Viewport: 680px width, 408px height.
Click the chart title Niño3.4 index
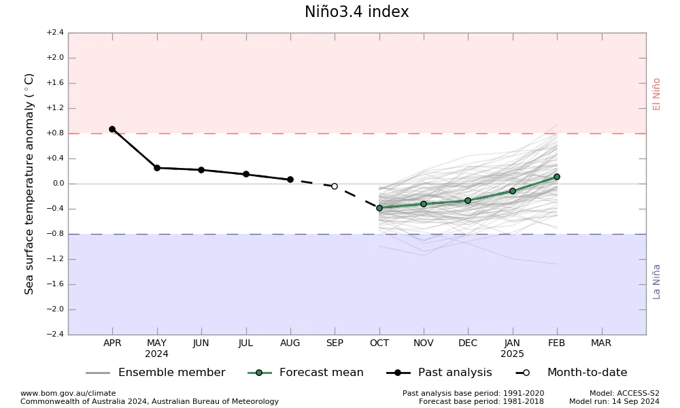(x=356, y=12)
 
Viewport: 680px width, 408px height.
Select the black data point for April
(x=112, y=129)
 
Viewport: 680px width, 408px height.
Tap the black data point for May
(x=157, y=168)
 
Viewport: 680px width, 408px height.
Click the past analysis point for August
(x=290, y=180)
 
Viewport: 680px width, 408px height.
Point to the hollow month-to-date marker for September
(x=335, y=186)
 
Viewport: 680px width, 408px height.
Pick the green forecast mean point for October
(x=379, y=208)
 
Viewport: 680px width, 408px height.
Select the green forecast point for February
(x=557, y=177)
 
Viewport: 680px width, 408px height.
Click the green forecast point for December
(x=468, y=201)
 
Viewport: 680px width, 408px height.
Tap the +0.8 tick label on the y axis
(x=55, y=133)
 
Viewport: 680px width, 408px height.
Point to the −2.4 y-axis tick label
(x=55, y=335)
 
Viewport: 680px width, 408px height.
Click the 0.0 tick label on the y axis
(x=58, y=184)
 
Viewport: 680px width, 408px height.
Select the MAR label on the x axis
(x=601, y=343)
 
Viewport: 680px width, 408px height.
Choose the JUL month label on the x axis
(x=245, y=343)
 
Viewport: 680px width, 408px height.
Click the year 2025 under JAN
(x=512, y=354)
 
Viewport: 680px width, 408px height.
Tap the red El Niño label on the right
(x=656, y=94)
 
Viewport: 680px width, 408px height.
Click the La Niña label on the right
(x=656, y=282)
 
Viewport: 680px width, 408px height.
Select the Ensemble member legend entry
(x=156, y=373)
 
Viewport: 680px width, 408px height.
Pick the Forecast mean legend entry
(x=306, y=373)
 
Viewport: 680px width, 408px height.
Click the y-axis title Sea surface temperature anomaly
(x=29, y=184)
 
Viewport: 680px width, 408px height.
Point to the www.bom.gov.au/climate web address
(x=68, y=393)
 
